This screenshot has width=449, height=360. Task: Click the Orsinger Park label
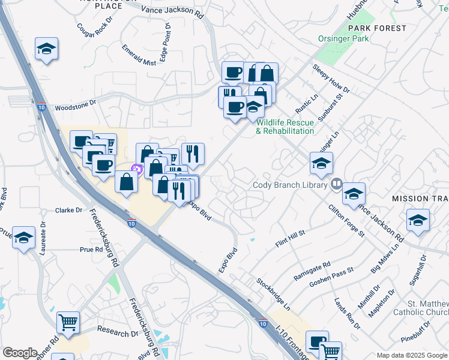pyautogui.click(x=343, y=39)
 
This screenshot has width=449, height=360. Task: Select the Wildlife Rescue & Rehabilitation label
pyautogui.click(x=285, y=127)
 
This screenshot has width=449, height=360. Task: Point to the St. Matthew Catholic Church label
pyautogui.click(x=421, y=308)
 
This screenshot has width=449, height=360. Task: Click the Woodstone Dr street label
pyautogui.click(x=75, y=106)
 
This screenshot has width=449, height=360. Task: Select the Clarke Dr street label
pyautogui.click(x=68, y=210)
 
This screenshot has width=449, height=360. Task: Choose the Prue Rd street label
pyautogui.click(x=91, y=249)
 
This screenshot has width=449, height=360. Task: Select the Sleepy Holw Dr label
pyautogui.click(x=331, y=78)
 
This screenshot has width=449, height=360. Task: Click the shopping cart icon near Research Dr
pyautogui.click(x=68, y=322)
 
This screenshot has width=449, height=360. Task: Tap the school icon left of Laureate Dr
pyautogui.click(x=23, y=238)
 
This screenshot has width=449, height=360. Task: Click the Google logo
pyautogui.click(x=20, y=353)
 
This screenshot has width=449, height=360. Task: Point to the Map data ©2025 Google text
pyautogui.click(x=412, y=355)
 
